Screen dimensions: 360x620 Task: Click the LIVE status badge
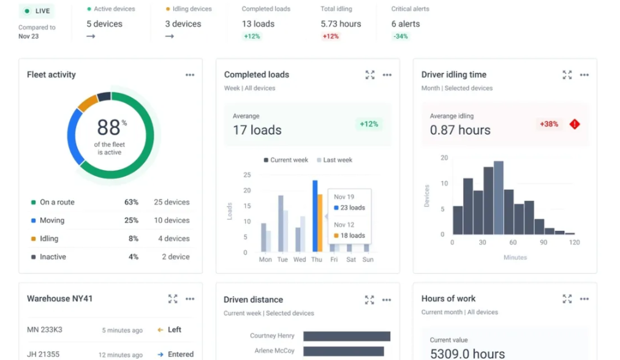coord(37,11)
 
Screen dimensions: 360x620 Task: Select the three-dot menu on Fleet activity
coord(190,75)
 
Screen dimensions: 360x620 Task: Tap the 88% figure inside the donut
coord(110,127)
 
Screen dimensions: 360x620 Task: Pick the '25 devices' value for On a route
coord(172,202)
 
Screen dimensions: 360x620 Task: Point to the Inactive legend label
coord(53,257)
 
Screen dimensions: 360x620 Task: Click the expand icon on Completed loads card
coord(370,75)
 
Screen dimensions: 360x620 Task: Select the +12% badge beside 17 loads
coord(369,124)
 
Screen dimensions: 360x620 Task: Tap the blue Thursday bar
coord(315,216)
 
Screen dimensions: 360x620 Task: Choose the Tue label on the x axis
coord(282,260)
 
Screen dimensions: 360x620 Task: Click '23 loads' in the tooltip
coord(352,208)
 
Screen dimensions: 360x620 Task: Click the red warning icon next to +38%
coord(574,124)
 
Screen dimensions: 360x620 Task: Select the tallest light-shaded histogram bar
coord(499,198)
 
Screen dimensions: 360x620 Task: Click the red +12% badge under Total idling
coord(331,37)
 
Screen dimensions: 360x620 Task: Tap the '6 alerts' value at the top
coord(406,24)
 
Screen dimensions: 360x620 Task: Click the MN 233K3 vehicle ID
coord(42,330)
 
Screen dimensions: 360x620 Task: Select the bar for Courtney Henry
coord(346,336)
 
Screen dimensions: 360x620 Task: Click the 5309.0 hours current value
coord(467,354)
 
